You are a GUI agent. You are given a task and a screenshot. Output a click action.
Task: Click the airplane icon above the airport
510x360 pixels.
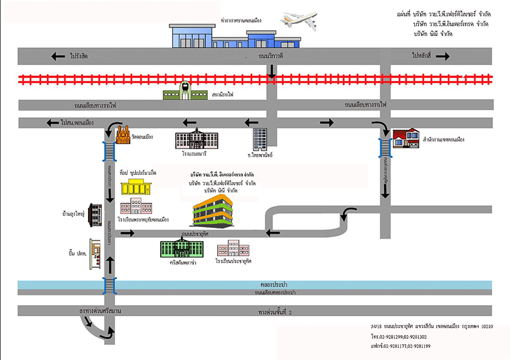[x=298, y=22]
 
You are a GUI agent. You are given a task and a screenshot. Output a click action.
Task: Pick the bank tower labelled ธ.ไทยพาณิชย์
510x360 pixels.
[x=260, y=139]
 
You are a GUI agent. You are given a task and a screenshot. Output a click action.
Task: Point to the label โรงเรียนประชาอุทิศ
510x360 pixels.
[x=233, y=261]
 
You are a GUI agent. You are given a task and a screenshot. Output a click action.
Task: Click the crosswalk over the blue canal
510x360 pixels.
[x=109, y=285]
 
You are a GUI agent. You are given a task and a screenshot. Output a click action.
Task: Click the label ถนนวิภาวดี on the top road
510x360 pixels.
[x=271, y=57]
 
